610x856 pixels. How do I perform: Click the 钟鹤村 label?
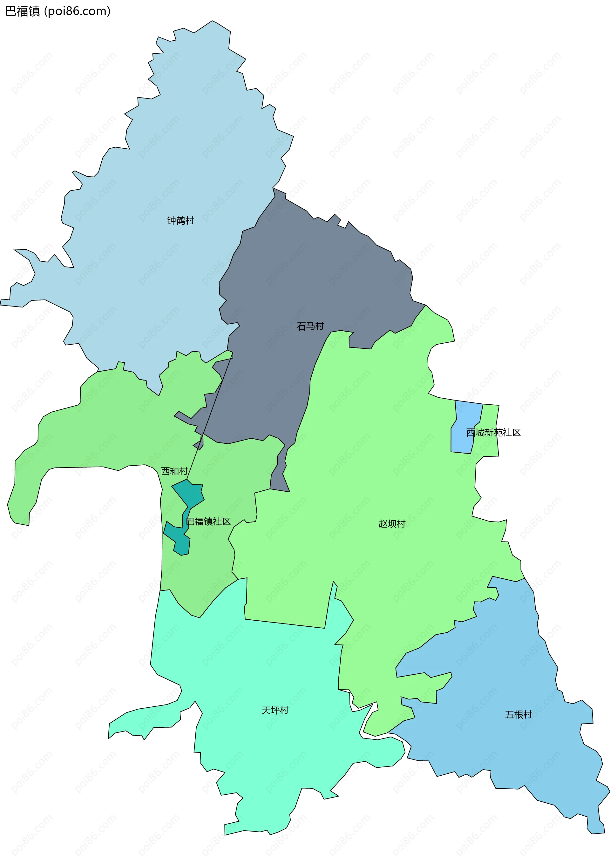click(x=181, y=221)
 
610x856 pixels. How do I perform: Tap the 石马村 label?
click(x=310, y=326)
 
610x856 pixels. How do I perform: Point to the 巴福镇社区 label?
click(x=208, y=522)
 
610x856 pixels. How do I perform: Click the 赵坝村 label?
click(x=392, y=524)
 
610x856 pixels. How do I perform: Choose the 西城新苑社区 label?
click(x=493, y=433)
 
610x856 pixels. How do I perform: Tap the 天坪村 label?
click(x=275, y=710)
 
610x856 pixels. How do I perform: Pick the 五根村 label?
click(x=518, y=714)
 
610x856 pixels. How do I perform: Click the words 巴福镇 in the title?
click(x=23, y=11)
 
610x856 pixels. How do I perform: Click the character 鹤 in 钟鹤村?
click(x=181, y=221)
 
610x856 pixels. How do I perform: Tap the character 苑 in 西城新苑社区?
click(x=498, y=433)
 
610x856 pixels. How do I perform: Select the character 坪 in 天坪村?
click(x=275, y=710)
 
